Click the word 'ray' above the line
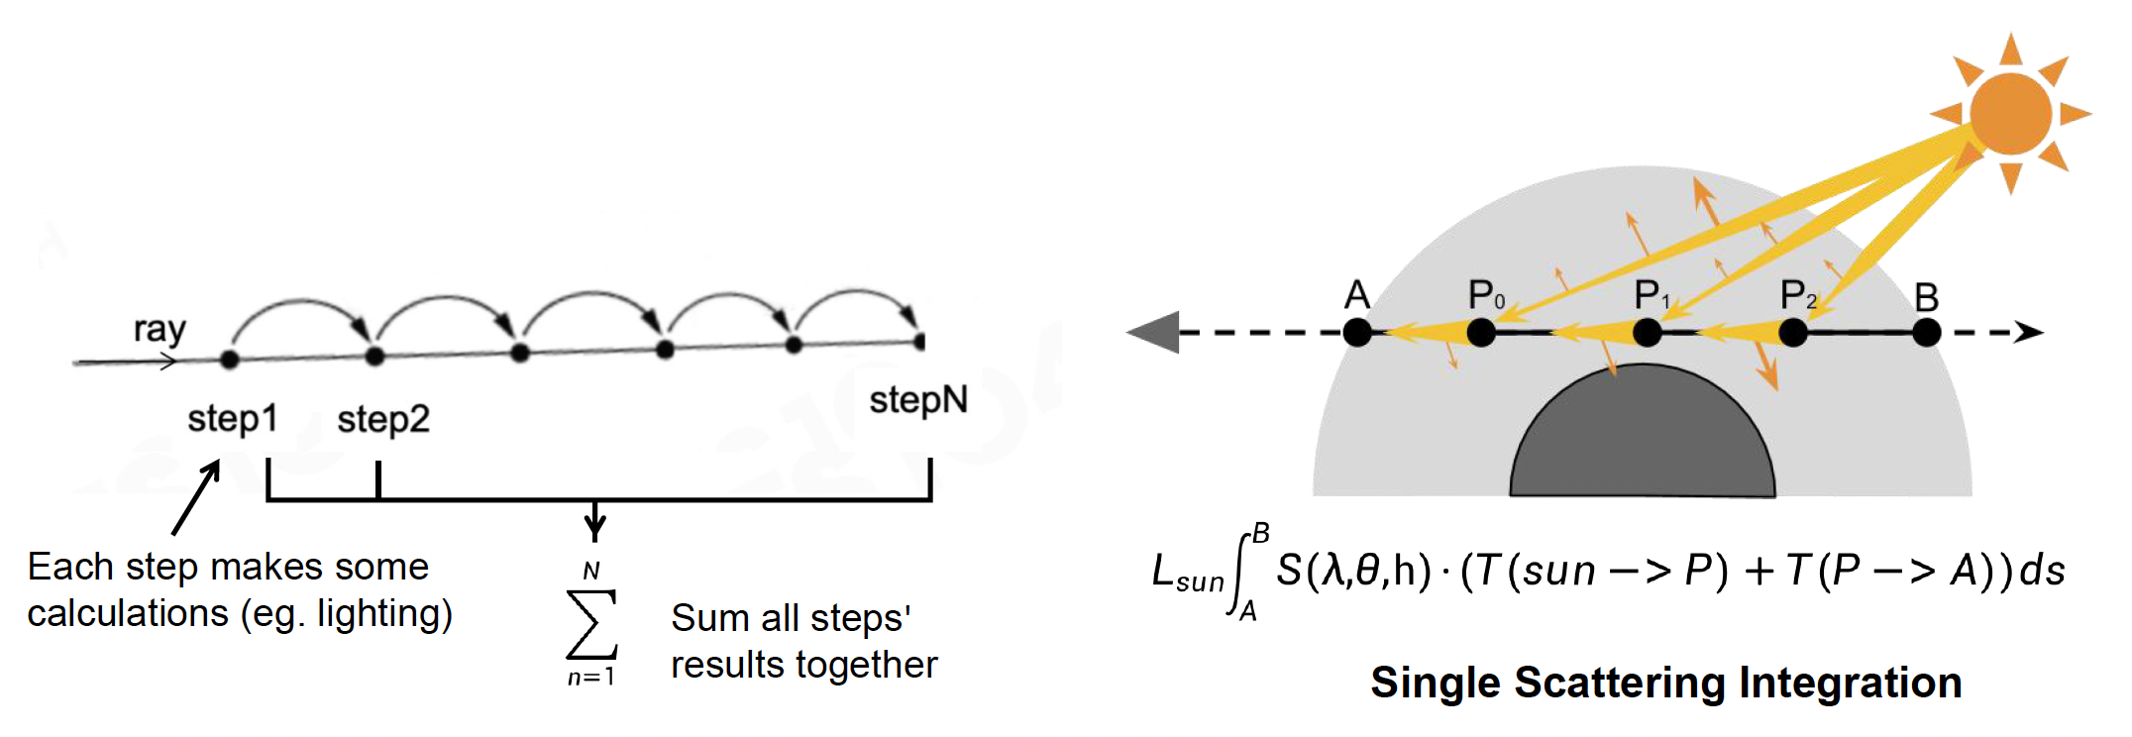(x=160, y=329)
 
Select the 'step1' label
(x=232, y=418)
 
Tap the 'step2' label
(x=383, y=419)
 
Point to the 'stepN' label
(x=917, y=400)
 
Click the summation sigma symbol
(x=591, y=624)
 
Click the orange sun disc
(x=2010, y=113)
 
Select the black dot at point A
(x=1357, y=333)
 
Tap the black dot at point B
(x=1926, y=333)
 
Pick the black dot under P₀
(x=1481, y=333)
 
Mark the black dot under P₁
(x=1648, y=333)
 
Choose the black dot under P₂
(x=1793, y=333)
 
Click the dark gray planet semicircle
(x=1643, y=436)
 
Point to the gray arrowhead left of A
(x=1154, y=332)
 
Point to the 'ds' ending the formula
(x=2043, y=571)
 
